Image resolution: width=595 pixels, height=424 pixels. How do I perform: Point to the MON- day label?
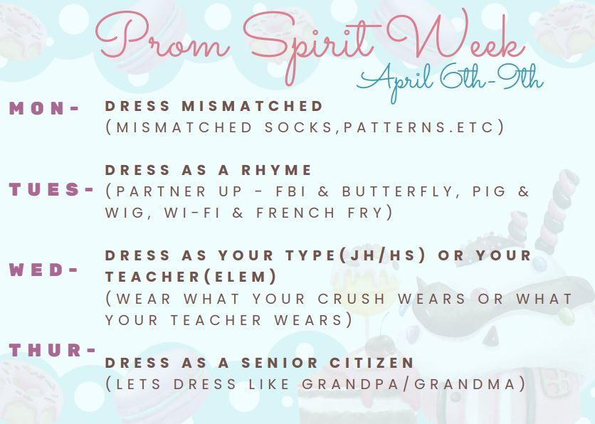[x=44, y=108]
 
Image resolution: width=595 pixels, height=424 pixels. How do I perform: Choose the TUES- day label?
[x=51, y=190]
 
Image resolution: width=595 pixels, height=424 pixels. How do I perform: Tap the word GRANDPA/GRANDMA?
[x=414, y=384]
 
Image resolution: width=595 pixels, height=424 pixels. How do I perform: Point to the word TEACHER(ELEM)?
[x=191, y=276]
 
